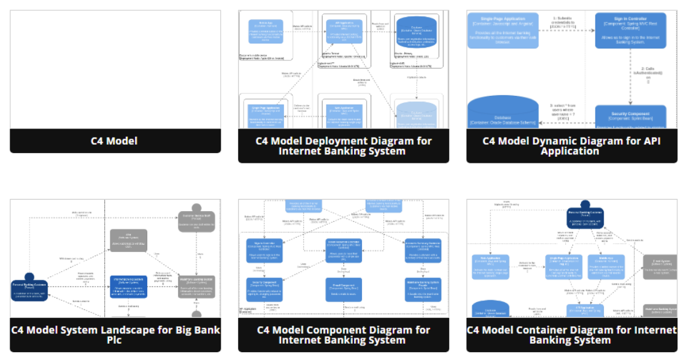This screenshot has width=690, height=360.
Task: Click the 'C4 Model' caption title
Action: [x=115, y=141]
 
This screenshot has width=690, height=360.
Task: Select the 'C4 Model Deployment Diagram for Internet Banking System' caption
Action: [x=343, y=146]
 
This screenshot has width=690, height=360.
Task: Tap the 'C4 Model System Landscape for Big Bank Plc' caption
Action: [x=115, y=335]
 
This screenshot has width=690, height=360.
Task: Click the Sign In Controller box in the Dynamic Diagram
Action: [x=630, y=30]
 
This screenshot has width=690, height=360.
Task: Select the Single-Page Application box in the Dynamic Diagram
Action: [x=502, y=30]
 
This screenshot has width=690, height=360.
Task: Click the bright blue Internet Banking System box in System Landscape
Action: [x=128, y=285]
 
